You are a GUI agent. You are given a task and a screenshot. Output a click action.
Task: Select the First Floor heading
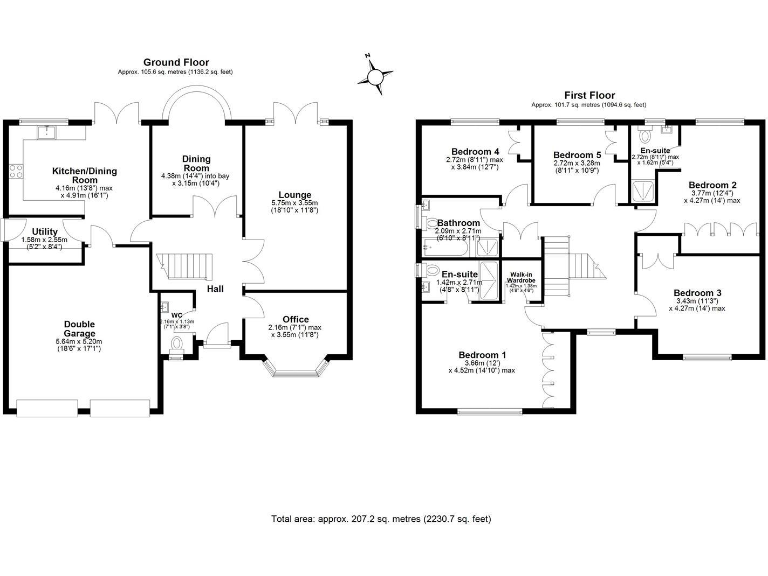588,95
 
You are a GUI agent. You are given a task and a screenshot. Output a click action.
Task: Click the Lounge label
295,195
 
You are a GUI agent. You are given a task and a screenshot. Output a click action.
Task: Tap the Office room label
295,319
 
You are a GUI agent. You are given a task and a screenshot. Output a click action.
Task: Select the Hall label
214,289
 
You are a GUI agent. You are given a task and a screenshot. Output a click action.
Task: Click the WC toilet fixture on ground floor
176,345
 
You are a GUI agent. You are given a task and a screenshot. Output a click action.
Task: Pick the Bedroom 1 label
482,355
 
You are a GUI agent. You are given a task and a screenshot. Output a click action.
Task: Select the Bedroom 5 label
577,155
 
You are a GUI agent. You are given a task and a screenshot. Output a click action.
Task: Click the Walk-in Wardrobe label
521,277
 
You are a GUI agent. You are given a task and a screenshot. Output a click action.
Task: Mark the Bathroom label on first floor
459,223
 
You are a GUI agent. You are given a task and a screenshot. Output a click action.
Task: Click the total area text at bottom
381,519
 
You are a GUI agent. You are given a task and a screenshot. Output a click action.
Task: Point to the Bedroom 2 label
712,185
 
